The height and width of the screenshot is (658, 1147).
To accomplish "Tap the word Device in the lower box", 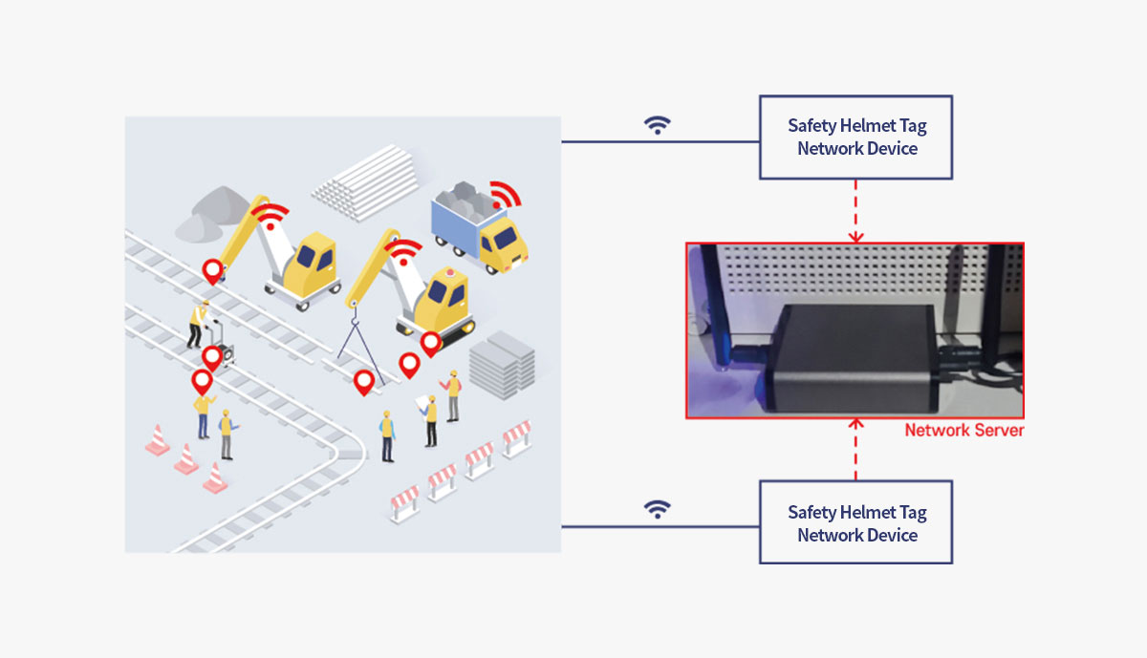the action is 892,535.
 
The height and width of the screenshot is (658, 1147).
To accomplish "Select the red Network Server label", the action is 964,431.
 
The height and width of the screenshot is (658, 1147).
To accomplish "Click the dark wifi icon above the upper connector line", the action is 658,125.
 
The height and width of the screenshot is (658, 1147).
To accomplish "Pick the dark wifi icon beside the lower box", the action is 658,510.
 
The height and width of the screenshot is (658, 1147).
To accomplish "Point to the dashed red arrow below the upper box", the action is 855,211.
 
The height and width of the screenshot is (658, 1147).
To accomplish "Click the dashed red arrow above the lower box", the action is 855,450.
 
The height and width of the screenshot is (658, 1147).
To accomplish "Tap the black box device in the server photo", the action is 853,358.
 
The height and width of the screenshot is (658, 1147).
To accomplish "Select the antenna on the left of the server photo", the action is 713,306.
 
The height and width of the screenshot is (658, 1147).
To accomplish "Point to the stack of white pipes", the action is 365,182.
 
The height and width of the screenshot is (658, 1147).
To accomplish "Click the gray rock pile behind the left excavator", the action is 211,214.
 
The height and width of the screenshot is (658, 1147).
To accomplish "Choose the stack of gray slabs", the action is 503,366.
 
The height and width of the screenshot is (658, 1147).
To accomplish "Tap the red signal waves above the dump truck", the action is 506,195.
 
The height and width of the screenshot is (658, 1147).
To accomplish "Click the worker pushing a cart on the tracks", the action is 199,325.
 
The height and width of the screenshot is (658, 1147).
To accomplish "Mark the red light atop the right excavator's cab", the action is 449,272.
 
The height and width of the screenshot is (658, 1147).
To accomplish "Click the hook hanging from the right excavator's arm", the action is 354,313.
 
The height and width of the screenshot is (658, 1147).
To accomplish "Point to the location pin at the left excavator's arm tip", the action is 212,271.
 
